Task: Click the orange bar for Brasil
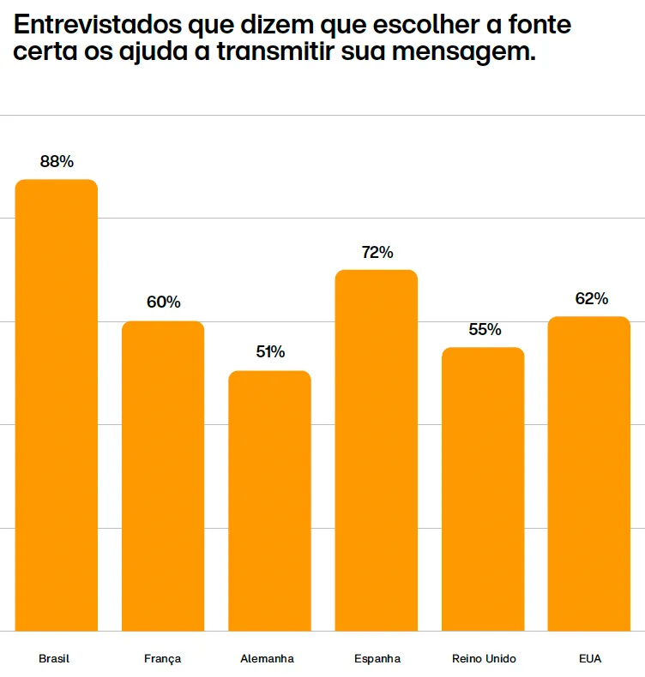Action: tap(57, 405)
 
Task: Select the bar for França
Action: tap(163, 476)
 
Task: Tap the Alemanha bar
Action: tap(269, 501)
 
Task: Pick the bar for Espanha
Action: tap(376, 451)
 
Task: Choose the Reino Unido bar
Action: tap(483, 489)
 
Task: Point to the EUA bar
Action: tap(589, 474)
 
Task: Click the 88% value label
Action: tap(57, 161)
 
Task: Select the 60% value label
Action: tap(163, 303)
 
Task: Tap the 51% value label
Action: tap(269, 352)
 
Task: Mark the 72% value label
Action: tap(377, 252)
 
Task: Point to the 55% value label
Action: tap(485, 330)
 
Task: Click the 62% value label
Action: tap(591, 298)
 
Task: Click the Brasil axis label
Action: tap(54, 659)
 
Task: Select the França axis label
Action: tap(163, 659)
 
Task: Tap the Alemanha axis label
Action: tap(268, 659)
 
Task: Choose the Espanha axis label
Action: tap(377, 659)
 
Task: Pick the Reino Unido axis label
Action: tap(484, 659)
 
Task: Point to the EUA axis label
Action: tap(590, 659)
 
